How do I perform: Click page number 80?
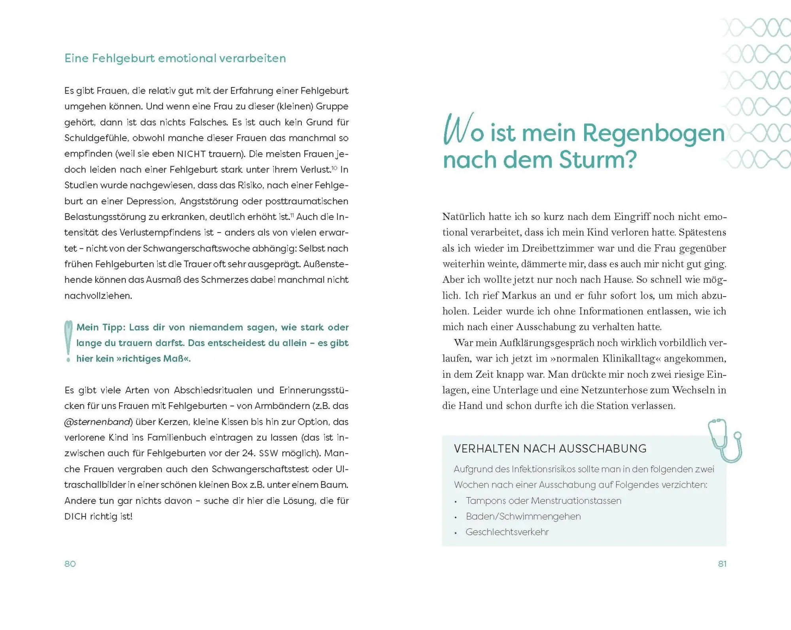coord(70,564)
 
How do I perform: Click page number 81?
coord(722,564)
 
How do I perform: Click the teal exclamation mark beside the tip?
coord(68,341)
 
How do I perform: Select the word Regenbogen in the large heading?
coord(653,134)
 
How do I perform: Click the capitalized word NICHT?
coord(191,154)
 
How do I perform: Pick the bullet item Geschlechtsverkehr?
coord(507,532)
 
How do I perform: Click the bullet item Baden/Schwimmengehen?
coord(523,516)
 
